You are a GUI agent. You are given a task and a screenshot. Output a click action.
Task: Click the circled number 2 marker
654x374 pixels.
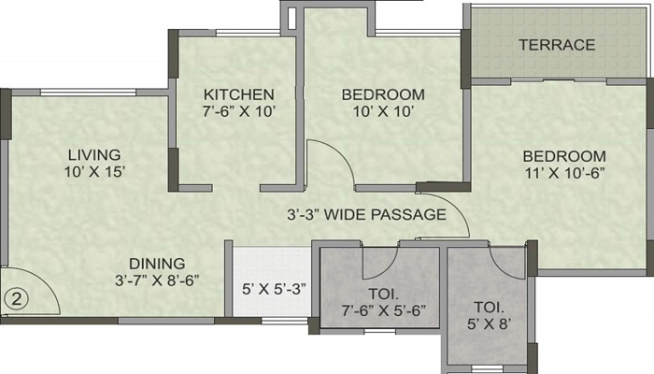(x=16, y=299)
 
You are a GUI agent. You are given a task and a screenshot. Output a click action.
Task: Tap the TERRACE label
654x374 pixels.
(x=557, y=45)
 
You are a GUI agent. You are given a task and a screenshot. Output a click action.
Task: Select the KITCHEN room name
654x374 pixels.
(x=239, y=94)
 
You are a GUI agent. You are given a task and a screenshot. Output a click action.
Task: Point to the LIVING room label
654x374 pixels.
(x=94, y=155)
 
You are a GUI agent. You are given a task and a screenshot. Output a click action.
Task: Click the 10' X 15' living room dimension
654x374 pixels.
(x=94, y=171)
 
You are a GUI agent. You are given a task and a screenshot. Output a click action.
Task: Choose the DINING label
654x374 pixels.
(x=157, y=264)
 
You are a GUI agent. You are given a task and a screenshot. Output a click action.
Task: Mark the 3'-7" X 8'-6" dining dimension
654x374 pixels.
(x=157, y=280)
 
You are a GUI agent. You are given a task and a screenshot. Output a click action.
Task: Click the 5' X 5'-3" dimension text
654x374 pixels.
(x=274, y=288)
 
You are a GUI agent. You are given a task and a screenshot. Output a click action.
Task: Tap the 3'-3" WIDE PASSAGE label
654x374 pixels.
(x=366, y=214)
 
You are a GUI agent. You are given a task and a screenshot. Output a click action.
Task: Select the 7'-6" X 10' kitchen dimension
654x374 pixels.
(x=239, y=111)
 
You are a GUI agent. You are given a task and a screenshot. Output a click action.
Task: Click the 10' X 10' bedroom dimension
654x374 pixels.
(x=383, y=111)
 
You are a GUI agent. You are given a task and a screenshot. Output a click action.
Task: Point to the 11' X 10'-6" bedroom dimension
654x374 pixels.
(x=564, y=173)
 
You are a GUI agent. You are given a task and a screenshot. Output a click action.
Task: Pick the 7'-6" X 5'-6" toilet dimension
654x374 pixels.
(x=384, y=310)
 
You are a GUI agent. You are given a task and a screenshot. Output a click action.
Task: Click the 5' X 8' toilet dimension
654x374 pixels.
(x=489, y=324)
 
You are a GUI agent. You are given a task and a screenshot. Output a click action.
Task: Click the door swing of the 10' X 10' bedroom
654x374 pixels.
(x=341, y=151)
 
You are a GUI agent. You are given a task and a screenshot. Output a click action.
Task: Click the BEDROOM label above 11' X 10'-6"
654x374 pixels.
(x=564, y=156)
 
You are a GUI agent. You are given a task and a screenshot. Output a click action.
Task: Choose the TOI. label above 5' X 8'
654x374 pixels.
(x=489, y=308)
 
